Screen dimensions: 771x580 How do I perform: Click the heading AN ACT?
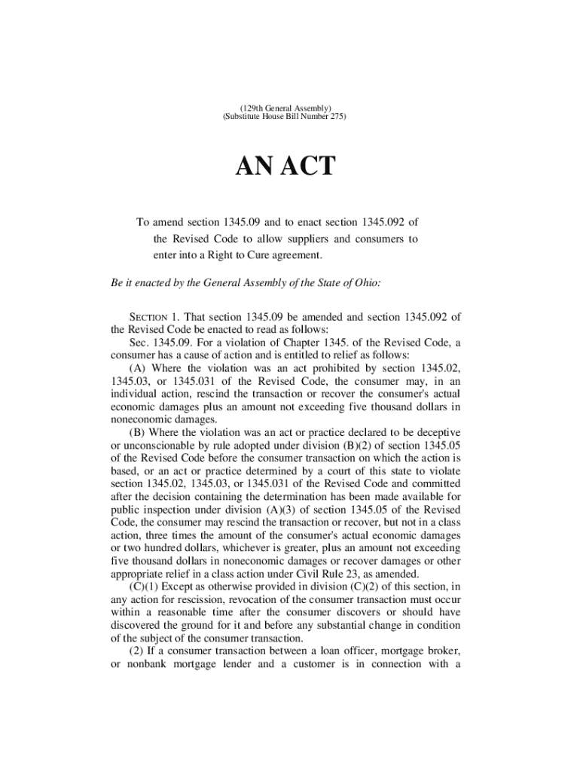[289, 166]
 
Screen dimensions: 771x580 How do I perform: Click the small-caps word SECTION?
[149, 316]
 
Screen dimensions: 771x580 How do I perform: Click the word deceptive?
[436, 433]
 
